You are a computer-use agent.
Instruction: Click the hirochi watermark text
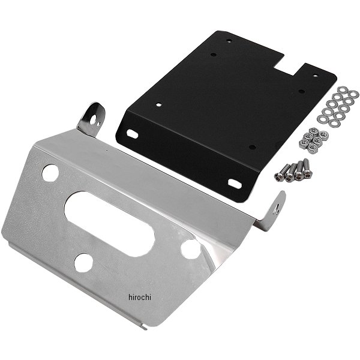[x=140, y=297]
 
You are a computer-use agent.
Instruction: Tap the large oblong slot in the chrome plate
[x=109, y=224]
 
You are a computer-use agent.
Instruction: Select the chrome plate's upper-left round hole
[x=50, y=172]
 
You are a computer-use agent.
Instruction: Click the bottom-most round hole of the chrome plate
[x=83, y=263]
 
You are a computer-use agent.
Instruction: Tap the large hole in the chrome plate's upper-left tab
[x=94, y=119]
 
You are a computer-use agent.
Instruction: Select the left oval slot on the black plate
[x=133, y=134]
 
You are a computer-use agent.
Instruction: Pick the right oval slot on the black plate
[x=235, y=183]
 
